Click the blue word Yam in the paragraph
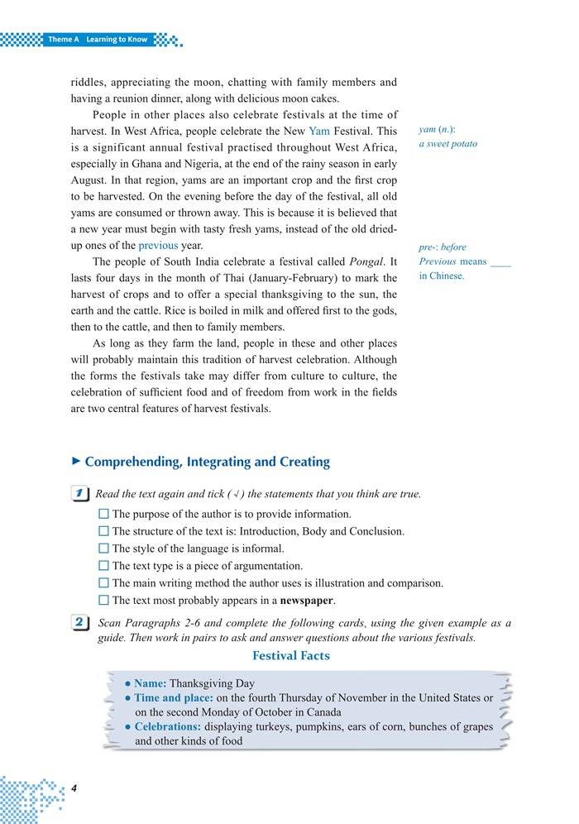point(319,131)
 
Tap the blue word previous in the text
point(157,246)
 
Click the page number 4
point(74,788)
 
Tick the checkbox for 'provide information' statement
point(103,515)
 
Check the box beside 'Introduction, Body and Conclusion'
point(103,532)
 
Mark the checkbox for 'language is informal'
point(103,549)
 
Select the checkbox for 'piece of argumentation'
point(103,567)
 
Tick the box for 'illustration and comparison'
point(103,584)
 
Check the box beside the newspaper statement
point(103,601)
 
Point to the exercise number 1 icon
point(81,494)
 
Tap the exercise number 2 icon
point(81,623)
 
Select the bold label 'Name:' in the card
point(150,684)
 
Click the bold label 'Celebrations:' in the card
point(168,727)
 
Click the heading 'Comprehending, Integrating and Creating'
point(207,462)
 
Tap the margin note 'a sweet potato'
point(447,144)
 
